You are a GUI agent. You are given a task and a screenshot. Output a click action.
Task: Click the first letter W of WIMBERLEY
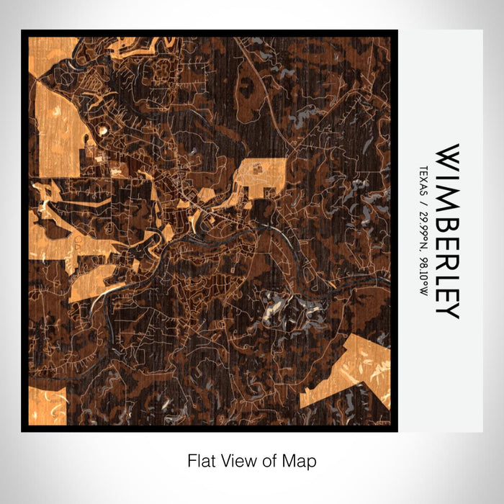446,158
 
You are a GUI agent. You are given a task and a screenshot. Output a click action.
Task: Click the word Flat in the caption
202,460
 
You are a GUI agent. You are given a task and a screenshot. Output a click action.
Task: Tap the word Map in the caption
302,460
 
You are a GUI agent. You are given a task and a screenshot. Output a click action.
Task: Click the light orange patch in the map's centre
262,176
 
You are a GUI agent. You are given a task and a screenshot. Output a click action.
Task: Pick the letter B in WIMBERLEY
446,211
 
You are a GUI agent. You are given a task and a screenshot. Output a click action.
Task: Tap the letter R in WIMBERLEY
446,249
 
